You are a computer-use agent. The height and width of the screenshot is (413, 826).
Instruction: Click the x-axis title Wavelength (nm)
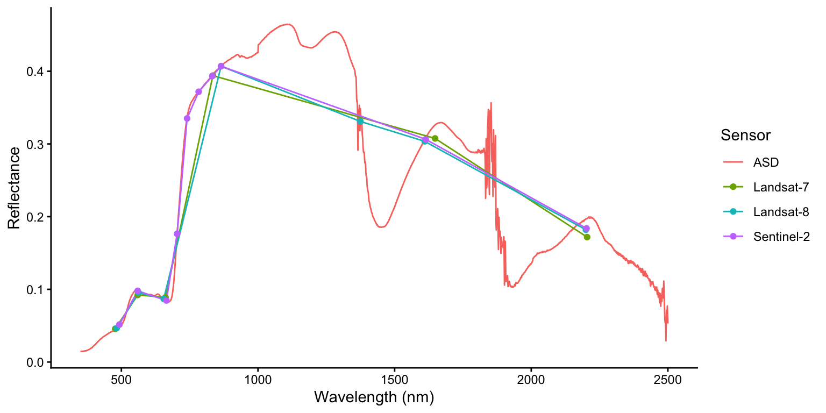click(374, 397)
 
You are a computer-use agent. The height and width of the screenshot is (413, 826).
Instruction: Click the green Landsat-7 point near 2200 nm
click(587, 237)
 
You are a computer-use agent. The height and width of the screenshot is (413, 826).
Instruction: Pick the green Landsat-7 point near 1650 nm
click(435, 138)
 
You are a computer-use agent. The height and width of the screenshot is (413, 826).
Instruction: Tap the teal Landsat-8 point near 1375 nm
click(360, 122)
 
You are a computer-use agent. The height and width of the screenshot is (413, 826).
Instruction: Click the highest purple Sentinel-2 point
click(221, 66)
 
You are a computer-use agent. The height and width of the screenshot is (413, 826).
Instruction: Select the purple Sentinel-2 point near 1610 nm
click(425, 140)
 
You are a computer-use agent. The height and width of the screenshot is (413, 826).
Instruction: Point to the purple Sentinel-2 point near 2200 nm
click(586, 229)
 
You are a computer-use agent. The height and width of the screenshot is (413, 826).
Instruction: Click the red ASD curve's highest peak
click(288, 24)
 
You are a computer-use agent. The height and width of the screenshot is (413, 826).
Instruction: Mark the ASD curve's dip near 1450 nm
click(381, 227)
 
